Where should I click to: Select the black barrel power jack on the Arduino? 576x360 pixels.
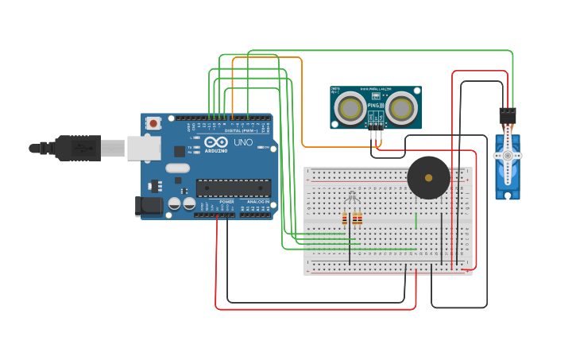[149, 207]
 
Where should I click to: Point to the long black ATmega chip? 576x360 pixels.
[234, 188]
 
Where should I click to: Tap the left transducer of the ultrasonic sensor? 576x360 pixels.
[349, 107]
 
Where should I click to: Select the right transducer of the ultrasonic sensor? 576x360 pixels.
[402, 107]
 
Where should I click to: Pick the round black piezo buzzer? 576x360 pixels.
[428, 177]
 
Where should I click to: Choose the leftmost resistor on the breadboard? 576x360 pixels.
[345, 219]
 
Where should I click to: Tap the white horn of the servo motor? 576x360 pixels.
[508, 156]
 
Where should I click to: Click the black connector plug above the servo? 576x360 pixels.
[508, 115]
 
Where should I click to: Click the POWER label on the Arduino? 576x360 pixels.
[226, 203]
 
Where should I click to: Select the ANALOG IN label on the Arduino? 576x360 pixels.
[257, 203]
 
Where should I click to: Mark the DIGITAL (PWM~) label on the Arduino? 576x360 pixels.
[242, 130]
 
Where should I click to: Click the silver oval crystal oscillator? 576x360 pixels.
[178, 168]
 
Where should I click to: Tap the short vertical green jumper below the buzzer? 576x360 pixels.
[416, 219]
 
